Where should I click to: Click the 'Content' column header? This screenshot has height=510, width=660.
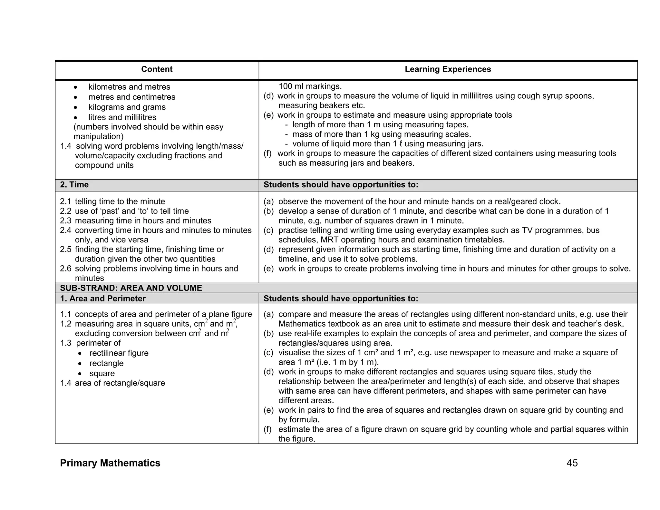[157, 69]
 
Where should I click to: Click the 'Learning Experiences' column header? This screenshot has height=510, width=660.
[448, 69]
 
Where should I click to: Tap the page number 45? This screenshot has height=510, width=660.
[572, 463]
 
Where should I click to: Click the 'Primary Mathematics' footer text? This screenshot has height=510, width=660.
[110, 463]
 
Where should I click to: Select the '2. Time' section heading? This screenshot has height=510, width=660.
[74, 185]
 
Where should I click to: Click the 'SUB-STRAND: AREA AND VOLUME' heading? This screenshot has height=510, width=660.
[131, 288]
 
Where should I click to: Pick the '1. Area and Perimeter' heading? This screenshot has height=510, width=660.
[103, 299]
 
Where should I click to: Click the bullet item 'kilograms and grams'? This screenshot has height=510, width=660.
[127, 107]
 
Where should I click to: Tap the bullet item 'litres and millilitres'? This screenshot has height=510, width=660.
[122, 117]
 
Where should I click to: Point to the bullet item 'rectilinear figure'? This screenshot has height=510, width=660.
[119, 353]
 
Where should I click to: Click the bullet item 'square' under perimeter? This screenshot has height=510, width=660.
[102, 373]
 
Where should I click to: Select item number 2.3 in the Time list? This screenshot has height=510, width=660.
[65, 221]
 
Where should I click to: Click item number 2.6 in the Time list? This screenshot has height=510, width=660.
[65, 269]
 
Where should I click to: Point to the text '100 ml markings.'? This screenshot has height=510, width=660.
[310, 86]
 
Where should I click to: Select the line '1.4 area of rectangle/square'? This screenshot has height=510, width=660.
[112, 383]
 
